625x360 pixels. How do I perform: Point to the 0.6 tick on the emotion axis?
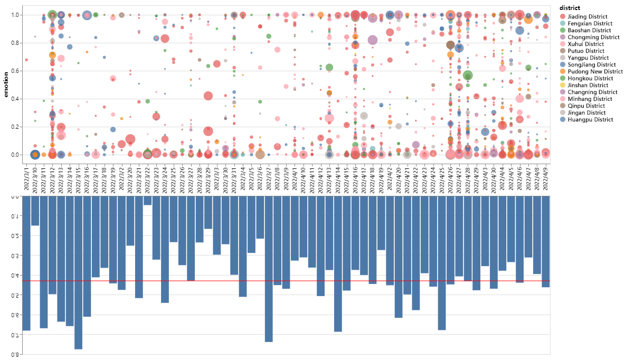tap(16, 71)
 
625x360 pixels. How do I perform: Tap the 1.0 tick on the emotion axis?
tap(16, 15)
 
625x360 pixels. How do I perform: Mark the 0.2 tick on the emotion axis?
tap(16, 127)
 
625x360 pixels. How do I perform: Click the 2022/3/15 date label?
tap(78, 179)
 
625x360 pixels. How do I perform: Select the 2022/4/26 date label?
tap(450, 179)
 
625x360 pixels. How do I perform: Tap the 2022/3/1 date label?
tap(26, 178)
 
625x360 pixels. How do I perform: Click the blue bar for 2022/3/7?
tap(269, 269)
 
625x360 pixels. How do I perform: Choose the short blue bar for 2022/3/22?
tap(147, 201)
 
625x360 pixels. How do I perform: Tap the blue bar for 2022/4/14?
tap(338, 264)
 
